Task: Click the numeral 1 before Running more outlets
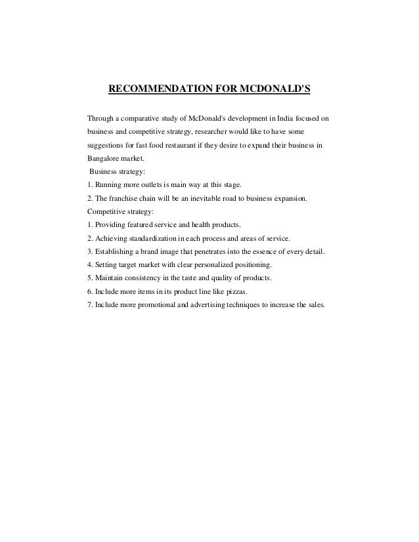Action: click(89, 185)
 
